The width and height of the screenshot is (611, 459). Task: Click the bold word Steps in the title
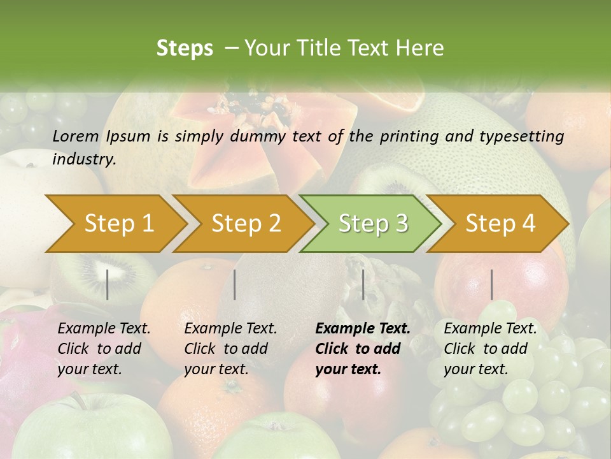click(x=185, y=48)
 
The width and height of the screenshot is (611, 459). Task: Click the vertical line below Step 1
click(x=108, y=284)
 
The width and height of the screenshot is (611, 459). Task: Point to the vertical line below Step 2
click(x=235, y=284)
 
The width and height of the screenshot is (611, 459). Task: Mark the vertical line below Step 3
click(x=363, y=284)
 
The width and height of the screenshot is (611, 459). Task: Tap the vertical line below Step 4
click(x=491, y=284)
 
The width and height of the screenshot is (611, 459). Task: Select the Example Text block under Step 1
click(x=104, y=349)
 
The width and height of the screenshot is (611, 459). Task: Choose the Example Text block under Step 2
click(x=230, y=349)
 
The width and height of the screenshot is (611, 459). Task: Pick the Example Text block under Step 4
click(x=490, y=349)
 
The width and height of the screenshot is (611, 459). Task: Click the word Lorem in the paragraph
click(x=76, y=136)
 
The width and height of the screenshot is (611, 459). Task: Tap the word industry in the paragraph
click(x=83, y=159)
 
